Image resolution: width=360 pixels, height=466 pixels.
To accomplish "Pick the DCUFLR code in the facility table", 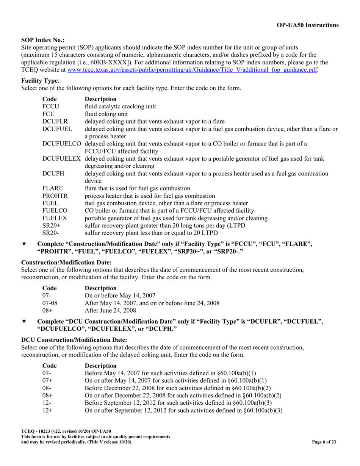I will coord(55,121).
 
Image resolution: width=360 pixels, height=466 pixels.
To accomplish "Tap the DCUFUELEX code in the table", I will coord(62,159).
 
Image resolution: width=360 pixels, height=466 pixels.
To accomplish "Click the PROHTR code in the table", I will coord(55,196).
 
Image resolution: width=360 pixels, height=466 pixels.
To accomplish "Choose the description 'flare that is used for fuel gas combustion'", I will coord(137,188).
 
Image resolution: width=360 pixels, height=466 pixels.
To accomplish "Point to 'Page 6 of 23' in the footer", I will coord(324,442).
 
